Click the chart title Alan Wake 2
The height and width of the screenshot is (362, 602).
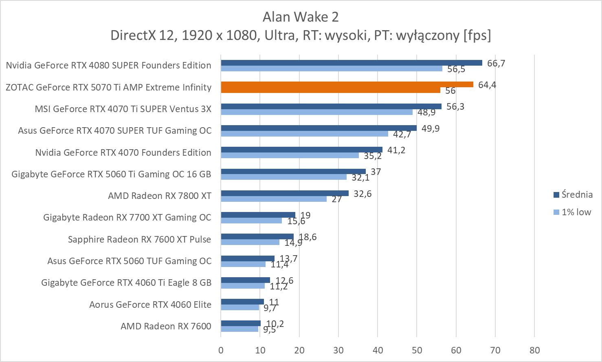pos(301,17)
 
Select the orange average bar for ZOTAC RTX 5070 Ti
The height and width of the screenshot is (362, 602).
pos(347,84)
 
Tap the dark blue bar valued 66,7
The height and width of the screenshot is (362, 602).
pos(352,63)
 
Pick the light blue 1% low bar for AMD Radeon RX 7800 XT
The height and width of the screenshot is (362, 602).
pos(274,199)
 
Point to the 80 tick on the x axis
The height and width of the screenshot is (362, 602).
pos(534,350)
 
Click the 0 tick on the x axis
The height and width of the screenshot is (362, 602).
pos(221,350)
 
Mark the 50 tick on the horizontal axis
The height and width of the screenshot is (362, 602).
pos(417,350)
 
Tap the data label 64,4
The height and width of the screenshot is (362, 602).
pos(487,85)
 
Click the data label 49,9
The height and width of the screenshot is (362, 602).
pos(431,128)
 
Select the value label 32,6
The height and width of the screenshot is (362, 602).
pos(363,194)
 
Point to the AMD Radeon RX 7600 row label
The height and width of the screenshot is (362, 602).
pos(166,326)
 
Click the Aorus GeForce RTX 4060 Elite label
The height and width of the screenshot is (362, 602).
pos(150,305)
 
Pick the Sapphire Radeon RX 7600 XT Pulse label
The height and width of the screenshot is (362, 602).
pos(139,239)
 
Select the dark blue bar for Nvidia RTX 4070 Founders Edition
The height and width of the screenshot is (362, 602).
pos(301,150)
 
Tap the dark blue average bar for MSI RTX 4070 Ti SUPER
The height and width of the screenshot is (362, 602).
pos(331,106)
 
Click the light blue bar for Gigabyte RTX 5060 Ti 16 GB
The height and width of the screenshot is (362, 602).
pos(283,177)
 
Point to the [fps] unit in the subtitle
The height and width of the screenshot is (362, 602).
pos(477,35)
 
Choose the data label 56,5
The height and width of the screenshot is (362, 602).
pos(456,69)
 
